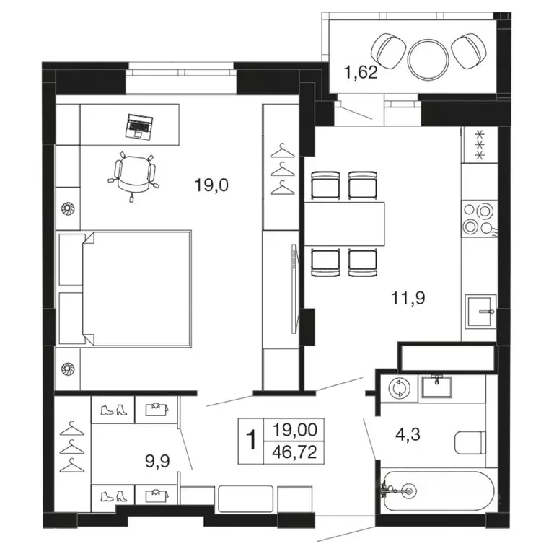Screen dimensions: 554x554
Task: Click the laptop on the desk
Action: (x=139, y=126)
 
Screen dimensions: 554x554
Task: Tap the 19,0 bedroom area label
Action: (x=211, y=185)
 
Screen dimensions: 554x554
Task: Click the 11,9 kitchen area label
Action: (x=408, y=297)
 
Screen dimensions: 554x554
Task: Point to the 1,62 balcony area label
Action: (x=361, y=72)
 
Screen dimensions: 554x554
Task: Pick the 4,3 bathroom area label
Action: (x=408, y=434)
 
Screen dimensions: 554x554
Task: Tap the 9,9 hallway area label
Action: (x=157, y=461)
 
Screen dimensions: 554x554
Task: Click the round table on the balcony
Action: (x=428, y=59)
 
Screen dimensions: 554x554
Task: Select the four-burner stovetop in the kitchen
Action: (x=479, y=219)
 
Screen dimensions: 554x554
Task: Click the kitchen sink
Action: (x=480, y=312)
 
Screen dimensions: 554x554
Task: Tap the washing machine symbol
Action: (x=399, y=388)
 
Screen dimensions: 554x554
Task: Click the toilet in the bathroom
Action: (x=470, y=442)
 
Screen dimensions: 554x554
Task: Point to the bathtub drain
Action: (x=410, y=491)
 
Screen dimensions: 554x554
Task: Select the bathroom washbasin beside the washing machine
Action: (x=436, y=387)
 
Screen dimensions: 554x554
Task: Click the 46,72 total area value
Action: (x=294, y=452)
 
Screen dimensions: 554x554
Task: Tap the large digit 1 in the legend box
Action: (x=251, y=439)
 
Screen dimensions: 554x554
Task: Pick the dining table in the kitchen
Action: (x=345, y=224)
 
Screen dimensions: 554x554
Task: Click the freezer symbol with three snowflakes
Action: (x=480, y=145)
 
